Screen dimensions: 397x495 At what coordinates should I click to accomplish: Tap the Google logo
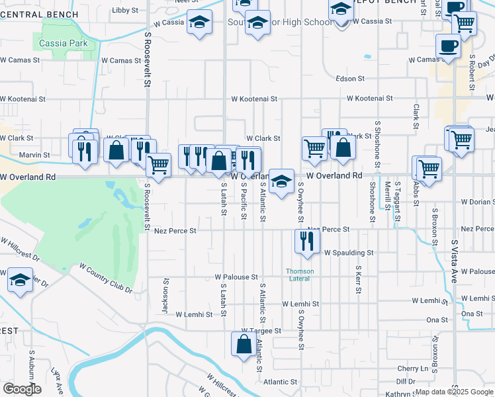click(x=22, y=389)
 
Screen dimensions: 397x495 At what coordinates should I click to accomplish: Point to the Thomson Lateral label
click(x=300, y=275)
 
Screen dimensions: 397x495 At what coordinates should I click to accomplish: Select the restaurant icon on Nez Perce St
click(x=306, y=240)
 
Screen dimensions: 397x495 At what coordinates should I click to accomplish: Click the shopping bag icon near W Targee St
click(x=244, y=344)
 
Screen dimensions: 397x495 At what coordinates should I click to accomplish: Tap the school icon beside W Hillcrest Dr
click(x=21, y=279)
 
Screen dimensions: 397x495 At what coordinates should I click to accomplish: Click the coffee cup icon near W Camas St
click(x=448, y=46)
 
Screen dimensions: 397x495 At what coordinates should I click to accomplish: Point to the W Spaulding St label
click(x=349, y=253)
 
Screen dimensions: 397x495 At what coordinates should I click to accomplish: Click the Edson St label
click(x=350, y=79)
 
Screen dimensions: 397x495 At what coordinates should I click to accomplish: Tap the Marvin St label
click(x=34, y=155)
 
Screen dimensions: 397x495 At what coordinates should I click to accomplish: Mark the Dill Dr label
click(x=406, y=382)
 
